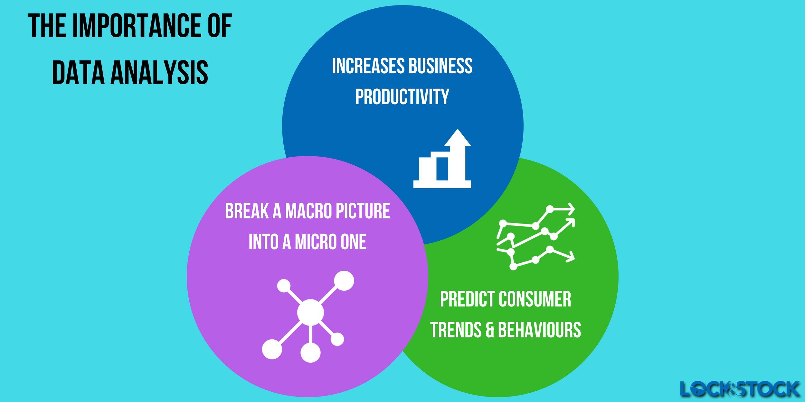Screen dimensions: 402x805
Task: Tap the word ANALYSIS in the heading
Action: (159, 73)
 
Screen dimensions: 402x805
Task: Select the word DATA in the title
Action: (78, 73)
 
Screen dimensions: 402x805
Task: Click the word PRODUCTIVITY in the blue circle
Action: (402, 97)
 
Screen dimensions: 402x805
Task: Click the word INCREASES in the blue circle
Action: (368, 66)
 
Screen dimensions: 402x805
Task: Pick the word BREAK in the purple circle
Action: (247, 211)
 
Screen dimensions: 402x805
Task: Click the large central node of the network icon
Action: (310, 312)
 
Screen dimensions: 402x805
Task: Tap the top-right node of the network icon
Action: (344, 281)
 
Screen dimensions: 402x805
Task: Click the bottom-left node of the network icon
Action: (272, 349)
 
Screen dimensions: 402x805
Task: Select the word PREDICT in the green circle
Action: (468, 299)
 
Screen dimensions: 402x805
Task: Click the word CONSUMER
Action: (535, 299)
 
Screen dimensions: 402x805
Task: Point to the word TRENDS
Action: (456, 330)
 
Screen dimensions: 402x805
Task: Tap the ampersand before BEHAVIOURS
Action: (490, 331)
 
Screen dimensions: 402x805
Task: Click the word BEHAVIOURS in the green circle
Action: (540, 330)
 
